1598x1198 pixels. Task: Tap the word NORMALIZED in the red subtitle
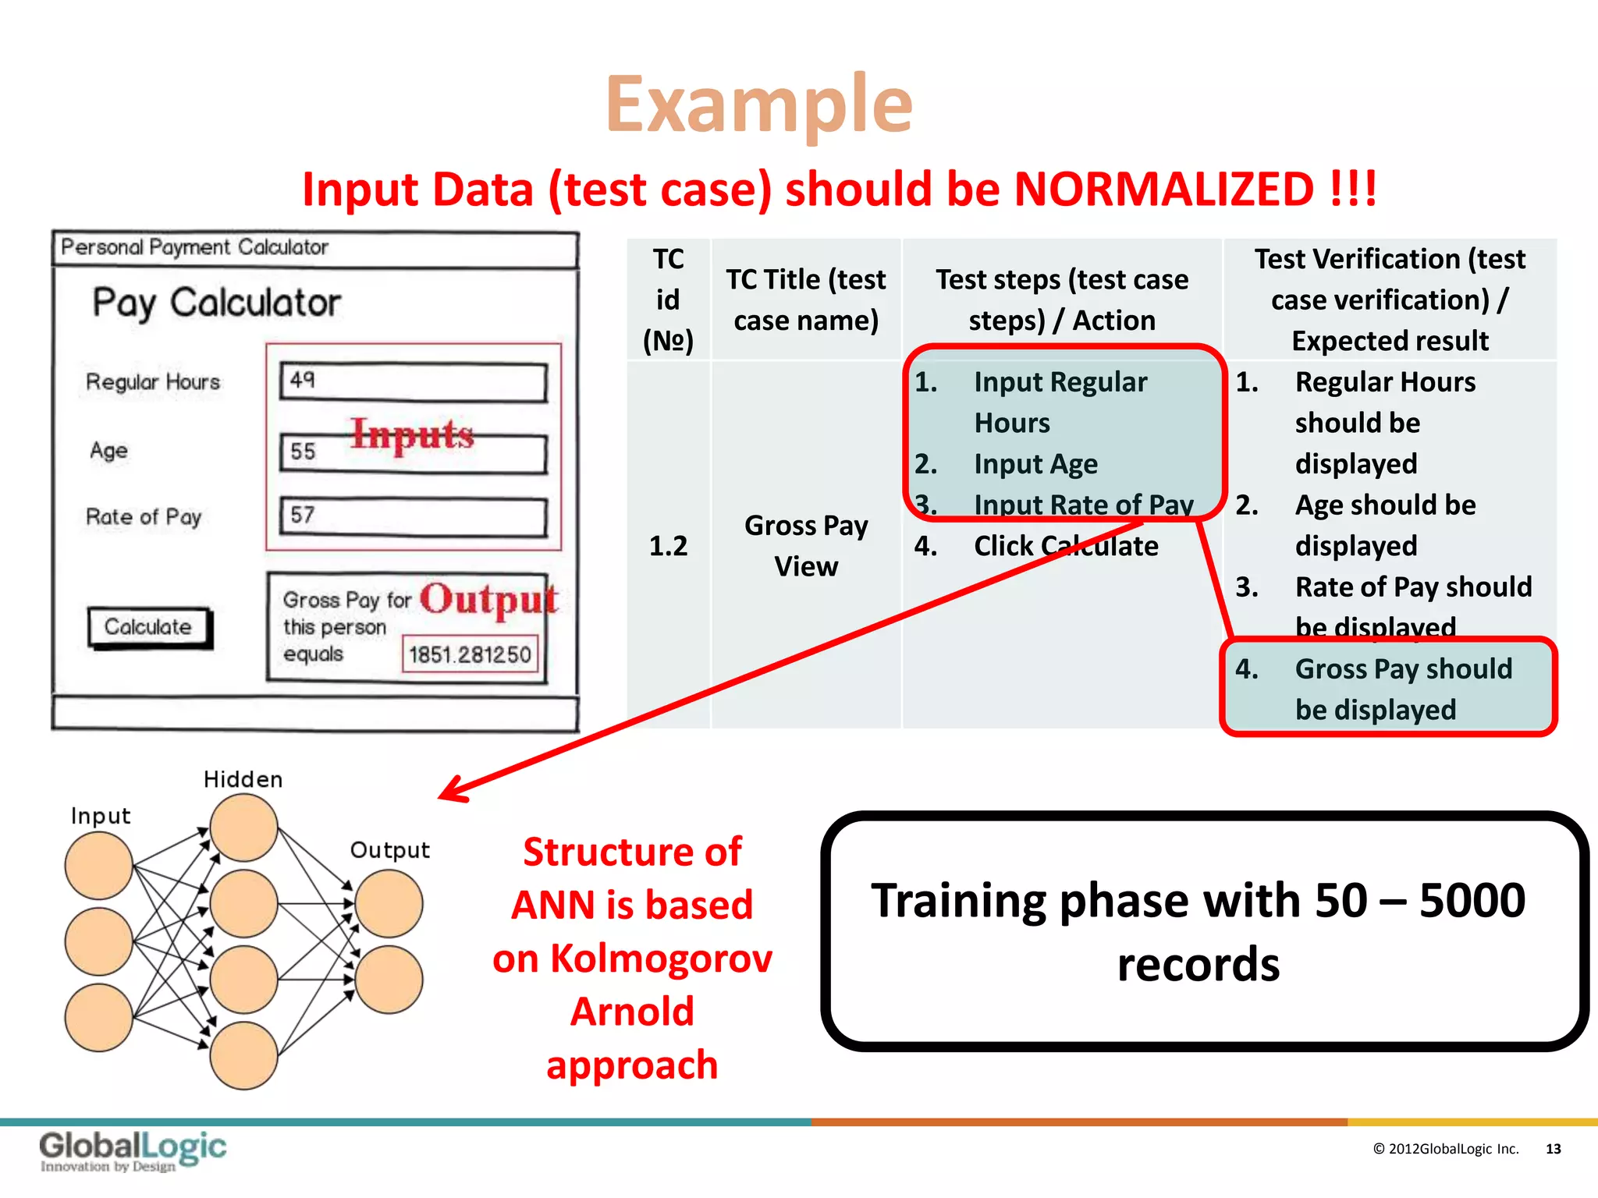[1163, 190]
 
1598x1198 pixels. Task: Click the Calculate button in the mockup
[148, 627]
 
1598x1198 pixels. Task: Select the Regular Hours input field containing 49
[413, 382]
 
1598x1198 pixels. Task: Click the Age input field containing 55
[413, 453]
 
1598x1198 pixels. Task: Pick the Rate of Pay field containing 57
[413, 516]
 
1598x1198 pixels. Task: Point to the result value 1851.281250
[470, 654]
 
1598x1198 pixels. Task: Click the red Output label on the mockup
[488, 600]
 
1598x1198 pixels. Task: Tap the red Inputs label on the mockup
[412, 434]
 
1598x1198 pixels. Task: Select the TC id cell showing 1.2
[668, 546]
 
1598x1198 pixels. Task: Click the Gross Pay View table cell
[806, 546]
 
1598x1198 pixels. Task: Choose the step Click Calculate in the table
[1065, 546]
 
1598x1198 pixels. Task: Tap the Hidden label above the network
[243, 779]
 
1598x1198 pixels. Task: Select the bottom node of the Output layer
[389, 980]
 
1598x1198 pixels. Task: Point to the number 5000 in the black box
[1472, 901]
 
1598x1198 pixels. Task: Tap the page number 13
[1553, 1149]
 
